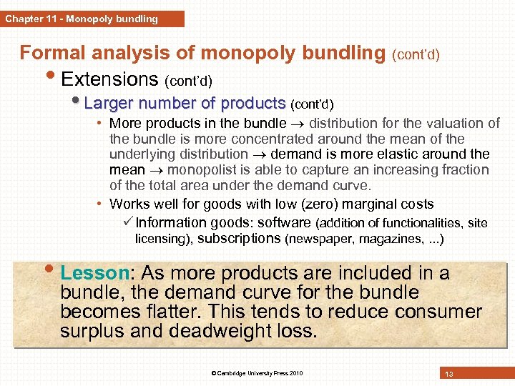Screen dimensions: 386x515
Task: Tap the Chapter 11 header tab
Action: coord(82,19)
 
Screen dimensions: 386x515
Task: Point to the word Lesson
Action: coord(94,274)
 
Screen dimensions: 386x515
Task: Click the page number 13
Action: coord(449,373)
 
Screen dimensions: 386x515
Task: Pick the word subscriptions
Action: coord(239,238)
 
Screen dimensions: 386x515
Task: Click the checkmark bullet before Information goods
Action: coord(128,222)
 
